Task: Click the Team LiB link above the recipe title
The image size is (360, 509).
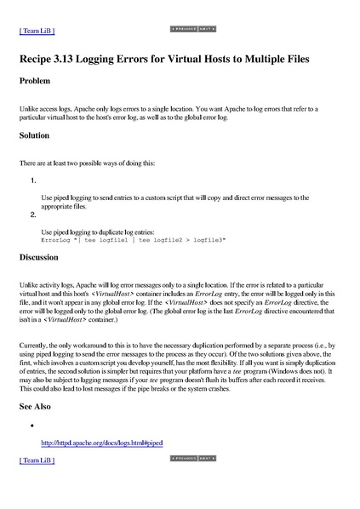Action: pos(37,31)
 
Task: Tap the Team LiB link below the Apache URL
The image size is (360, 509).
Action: pos(37,460)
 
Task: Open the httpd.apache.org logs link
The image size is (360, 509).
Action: pos(101,443)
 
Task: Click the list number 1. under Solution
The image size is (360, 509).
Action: pos(32,180)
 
